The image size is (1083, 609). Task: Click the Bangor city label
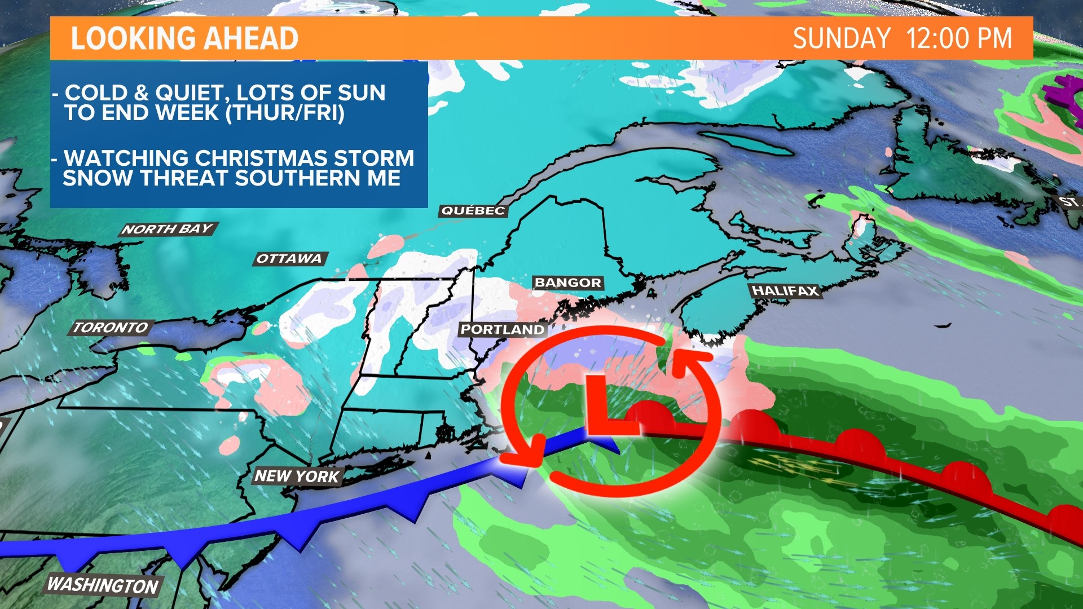[x=567, y=283]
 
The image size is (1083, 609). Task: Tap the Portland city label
[x=503, y=329]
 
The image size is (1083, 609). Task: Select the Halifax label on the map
[x=785, y=291]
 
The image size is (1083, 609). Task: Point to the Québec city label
[x=473, y=211]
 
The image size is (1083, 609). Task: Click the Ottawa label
[x=289, y=259]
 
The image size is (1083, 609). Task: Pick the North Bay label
[x=168, y=229]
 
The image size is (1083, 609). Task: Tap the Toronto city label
[x=111, y=328]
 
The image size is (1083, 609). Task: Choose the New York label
[x=297, y=476]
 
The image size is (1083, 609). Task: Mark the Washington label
[x=103, y=585]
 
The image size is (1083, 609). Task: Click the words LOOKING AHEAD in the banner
[x=184, y=38]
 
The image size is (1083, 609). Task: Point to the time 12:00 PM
[x=959, y=38]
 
